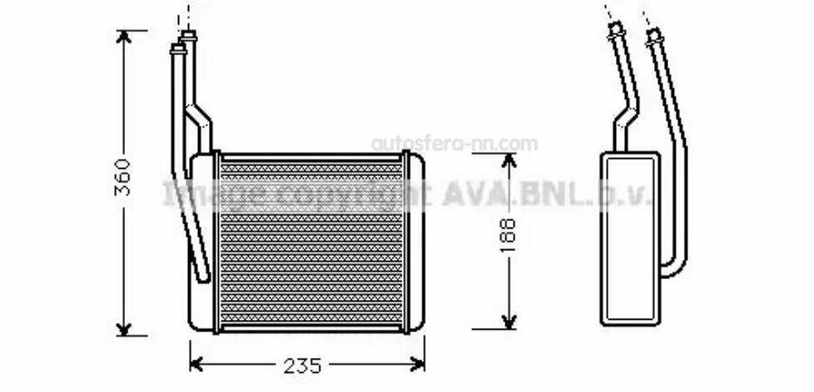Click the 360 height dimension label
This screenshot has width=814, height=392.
pyautogui.click(x=123, y=177)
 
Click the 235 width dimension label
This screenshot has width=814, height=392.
pyautogui.click(x=303, y=366)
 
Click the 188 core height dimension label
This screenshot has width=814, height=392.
pyautogui.click(x=508, y=236)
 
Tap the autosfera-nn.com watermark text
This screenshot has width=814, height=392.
pyautogui.click(x=454, y=144)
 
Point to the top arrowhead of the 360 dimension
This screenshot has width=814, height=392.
pyautogui.click(x=124, y=36)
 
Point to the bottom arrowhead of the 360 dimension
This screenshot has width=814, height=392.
pyautogui.click(x=124, y=329)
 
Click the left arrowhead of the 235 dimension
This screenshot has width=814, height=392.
pyautogui.click(x=196, y=364)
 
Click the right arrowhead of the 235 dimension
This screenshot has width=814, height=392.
pyautogui.click(x=418, y=364)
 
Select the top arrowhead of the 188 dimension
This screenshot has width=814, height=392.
pyautogui.click(x=509, y=160)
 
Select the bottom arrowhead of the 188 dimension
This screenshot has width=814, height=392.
pyautogui.click(x=509, y=322)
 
